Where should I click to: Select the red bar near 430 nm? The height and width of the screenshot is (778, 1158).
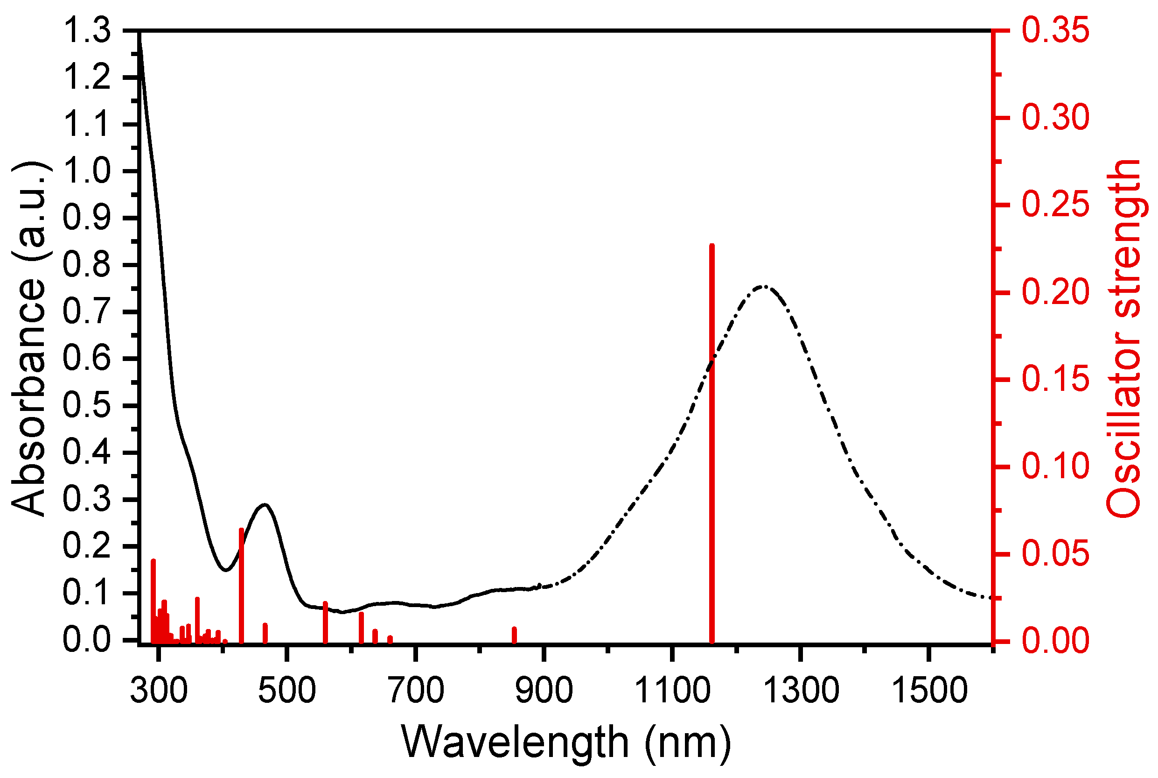[x=241, y=586]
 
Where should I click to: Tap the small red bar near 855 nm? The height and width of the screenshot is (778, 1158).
[x=514, y=635]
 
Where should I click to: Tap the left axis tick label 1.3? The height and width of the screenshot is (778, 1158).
[x=87, y=31]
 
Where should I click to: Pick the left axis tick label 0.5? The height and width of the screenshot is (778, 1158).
[x=87, y=406]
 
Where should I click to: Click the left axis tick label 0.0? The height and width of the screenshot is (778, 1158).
[x=87, y=640]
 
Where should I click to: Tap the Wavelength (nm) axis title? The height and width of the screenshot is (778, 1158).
[x=565, y=743]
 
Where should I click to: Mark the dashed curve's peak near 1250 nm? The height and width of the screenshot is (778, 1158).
[x=764, y=286]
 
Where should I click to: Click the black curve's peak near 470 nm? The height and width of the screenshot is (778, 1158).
[x=265, y=505]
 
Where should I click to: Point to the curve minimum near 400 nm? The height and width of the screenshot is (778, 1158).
[x=226, y=570]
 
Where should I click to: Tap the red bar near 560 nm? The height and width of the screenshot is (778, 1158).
[x=325, y=622]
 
